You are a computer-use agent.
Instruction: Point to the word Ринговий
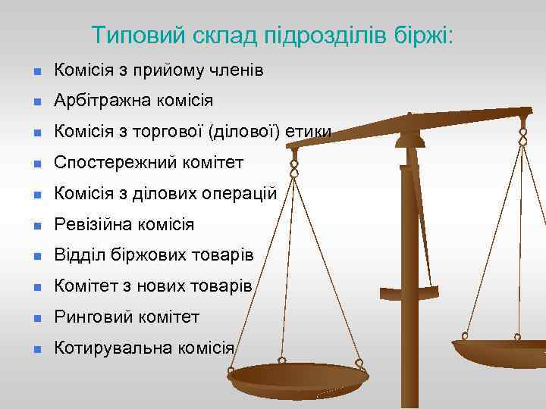coord(89,317)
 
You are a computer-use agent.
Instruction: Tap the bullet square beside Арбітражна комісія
coord(35,101)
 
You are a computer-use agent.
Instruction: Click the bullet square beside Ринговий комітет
coord(35,318)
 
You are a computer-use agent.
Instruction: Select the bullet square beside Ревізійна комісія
coord(35,226)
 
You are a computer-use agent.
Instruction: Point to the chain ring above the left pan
coord(294,164)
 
